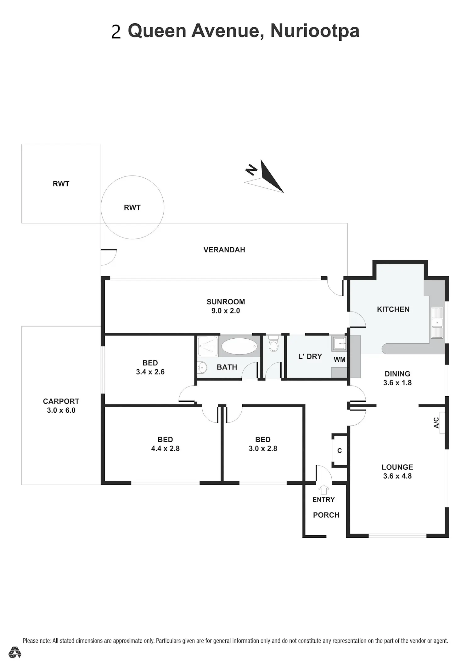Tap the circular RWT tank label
click(132, 208)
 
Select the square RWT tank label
click(61, 184)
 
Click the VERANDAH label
click(224, 250)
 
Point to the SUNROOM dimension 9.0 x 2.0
click(226, 311)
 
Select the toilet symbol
click(274, 343)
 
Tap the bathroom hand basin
click(203, 367)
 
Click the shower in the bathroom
click(208, 346)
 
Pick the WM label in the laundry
click(340, 359)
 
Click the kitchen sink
click(437, 323)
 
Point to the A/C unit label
click(436, 422)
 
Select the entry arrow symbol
click(323, 490)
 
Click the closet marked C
click(340, 451)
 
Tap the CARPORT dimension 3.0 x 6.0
click(61, 410)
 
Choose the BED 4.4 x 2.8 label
click(165, 444)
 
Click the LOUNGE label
click(397, 467)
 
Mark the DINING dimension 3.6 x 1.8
click(397, 382)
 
